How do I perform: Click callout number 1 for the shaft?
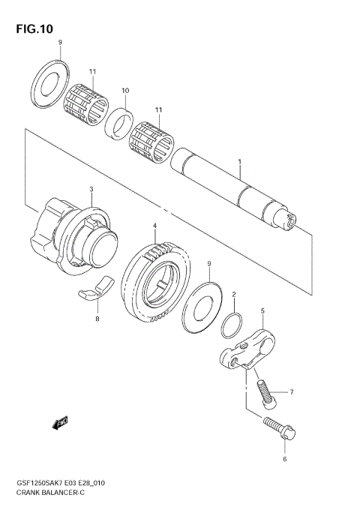point(239,162)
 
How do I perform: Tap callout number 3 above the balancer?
point(91,189)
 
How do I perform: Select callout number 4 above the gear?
point(154,225)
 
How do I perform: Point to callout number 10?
point(125,91)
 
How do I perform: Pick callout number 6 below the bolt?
point(284,457)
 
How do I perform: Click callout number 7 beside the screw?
point(292,392)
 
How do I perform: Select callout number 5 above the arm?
point(262,310)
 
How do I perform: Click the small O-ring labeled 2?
point(232,326)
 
